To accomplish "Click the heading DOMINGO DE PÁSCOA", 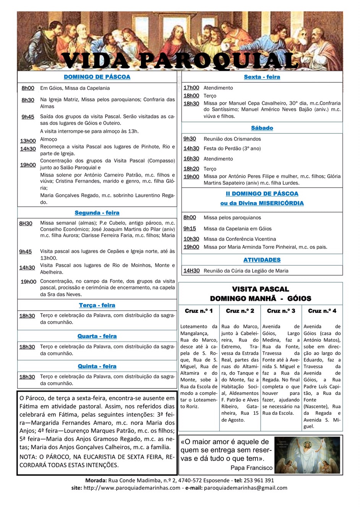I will click(97, 77).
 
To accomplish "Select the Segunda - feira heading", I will click(97, 213).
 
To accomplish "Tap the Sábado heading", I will click(262, 128).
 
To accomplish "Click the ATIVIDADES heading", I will click(262, 260).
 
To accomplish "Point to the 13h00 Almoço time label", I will click(28, 141).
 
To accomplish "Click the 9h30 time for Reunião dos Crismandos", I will click(190, 139).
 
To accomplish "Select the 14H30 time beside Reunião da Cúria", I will click(191, 271).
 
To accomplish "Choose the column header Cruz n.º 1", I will click(199, 311).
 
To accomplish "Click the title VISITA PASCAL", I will click(260, 289).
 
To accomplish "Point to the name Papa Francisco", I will click(251, 468).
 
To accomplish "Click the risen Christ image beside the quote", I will click(308, 455).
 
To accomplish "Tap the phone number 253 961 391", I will click(258, 480).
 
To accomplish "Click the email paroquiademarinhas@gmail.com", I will click(245, 488).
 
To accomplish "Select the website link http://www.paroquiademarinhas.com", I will click(132, 488).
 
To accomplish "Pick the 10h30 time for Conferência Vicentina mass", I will click(191, 239).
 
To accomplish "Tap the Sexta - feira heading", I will click(262, 77).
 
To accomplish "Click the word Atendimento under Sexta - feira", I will click(218, 88).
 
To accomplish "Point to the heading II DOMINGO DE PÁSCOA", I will click(262, 194).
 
